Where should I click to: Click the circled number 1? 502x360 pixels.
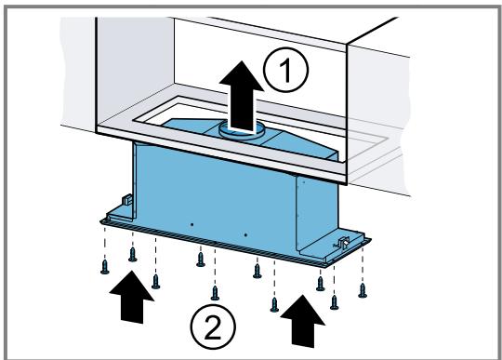coord(286,70)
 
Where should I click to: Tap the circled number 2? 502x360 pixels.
coord(213,327)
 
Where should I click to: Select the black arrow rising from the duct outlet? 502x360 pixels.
coord(242,96)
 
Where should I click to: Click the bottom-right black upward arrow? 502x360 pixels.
coord(302,321)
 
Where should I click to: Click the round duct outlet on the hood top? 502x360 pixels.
coord(242,132)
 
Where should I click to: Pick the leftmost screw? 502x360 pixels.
coord(105,267)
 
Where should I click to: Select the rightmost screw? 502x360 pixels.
coord(363,290)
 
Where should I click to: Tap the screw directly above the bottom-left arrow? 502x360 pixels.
coord(133,254)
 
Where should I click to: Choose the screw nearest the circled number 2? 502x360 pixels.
coord(215,293)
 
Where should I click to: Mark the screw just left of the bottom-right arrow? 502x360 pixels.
coord(274,304)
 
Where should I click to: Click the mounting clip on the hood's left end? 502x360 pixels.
coord(127,200)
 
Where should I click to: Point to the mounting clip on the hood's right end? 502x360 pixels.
coord(342,243)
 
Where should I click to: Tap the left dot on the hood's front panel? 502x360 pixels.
coord(192,225)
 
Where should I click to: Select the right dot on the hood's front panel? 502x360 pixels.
coord(245,235)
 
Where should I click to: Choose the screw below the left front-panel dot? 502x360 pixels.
coord(201,260)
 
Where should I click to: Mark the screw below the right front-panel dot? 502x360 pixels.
coord(258,271)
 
